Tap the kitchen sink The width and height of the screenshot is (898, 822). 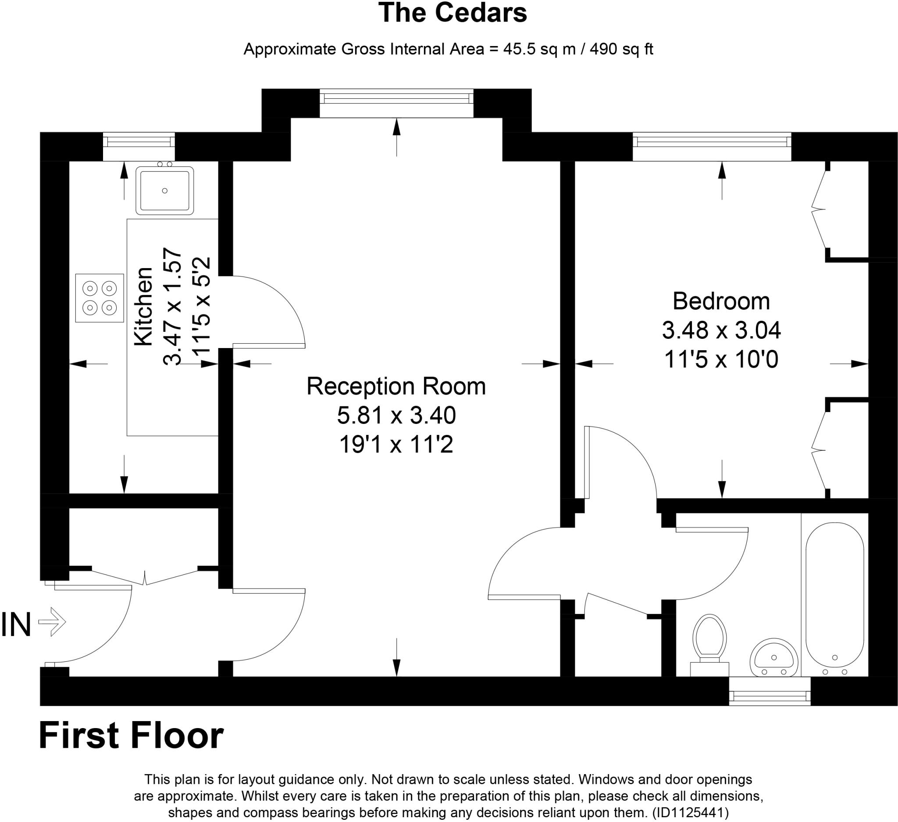(x=165, y=191)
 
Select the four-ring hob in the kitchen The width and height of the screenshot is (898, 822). (x=100, y=298)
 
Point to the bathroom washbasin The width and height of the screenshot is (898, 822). (x=773, y=659)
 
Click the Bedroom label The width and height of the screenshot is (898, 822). (x=721, y=302)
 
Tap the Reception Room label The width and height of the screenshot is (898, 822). (x=396, y=387)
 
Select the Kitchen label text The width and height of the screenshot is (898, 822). (x=144, y=306)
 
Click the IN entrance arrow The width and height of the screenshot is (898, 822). (x=52, y=621)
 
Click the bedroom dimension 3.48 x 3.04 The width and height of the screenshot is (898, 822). (x=721, y=330)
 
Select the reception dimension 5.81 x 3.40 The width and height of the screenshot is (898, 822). (x=396, y=416)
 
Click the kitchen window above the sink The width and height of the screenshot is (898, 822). (x=139, y=142)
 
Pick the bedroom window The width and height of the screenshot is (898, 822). (x=712, y=142)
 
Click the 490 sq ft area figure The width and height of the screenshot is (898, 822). (x=621, y=49)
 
